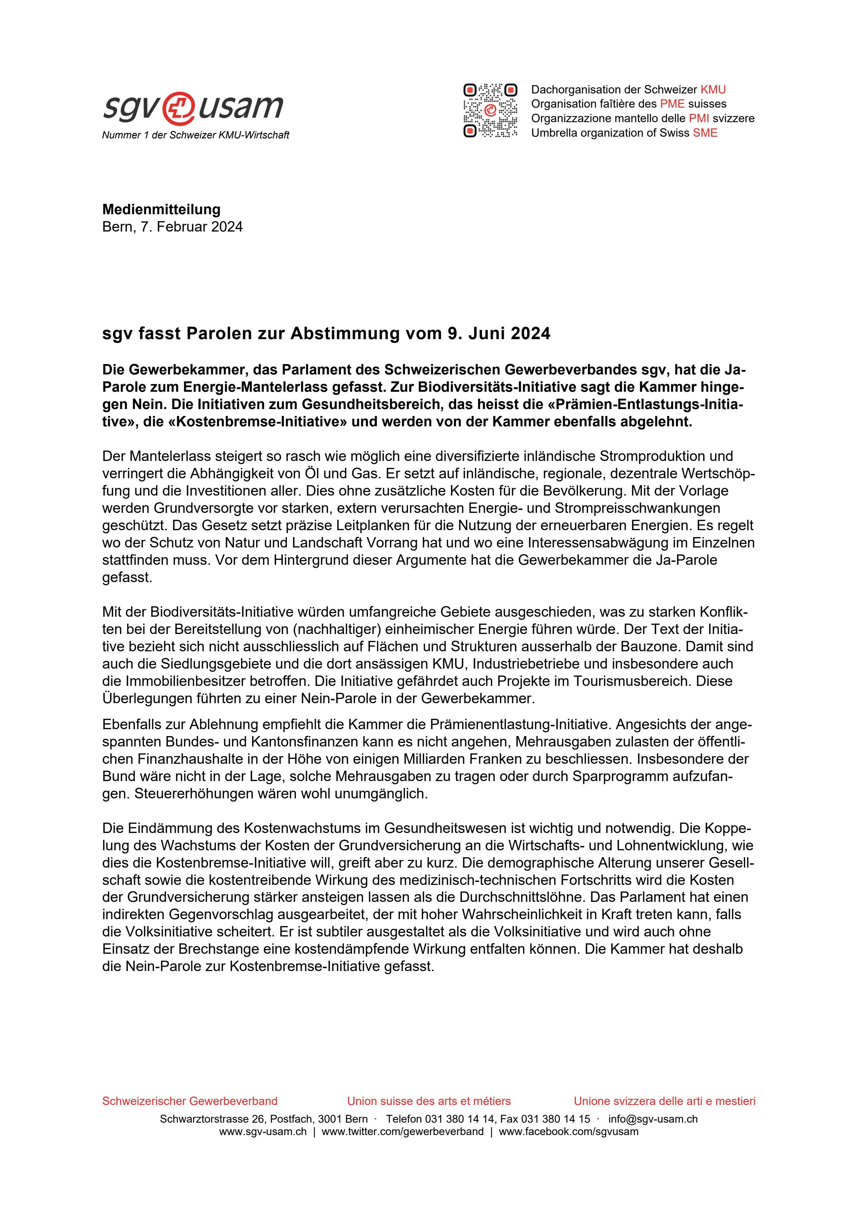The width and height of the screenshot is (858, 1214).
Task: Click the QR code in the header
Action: tap(490, 110)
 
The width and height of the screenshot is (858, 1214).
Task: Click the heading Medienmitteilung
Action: tap(161, 209)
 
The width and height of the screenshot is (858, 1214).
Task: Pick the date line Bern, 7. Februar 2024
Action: tap(172, 227)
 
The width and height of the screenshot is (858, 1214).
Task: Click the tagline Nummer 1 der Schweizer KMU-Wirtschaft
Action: tap(195, 135)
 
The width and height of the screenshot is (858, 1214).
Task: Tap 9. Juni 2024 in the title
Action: tap(498, 334)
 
